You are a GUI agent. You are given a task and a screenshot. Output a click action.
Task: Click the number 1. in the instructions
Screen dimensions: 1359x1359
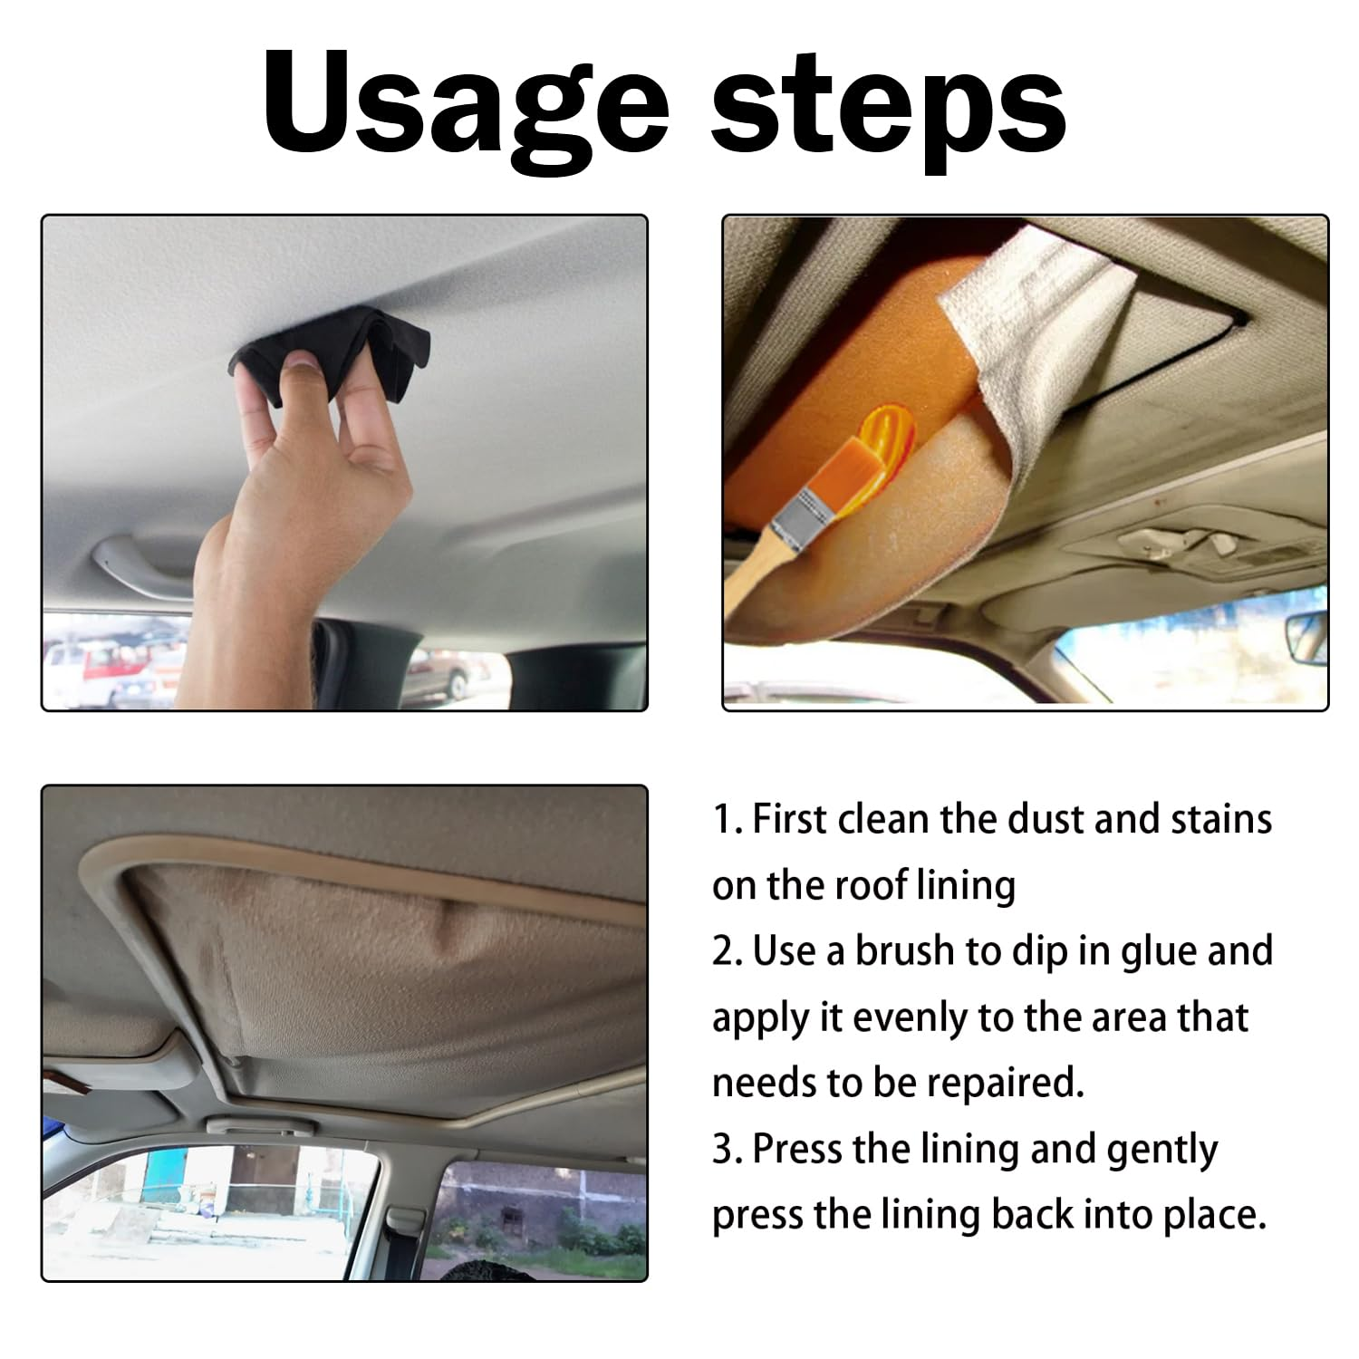point(728,820)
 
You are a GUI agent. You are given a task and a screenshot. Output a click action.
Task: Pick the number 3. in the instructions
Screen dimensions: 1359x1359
point(728,1149)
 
